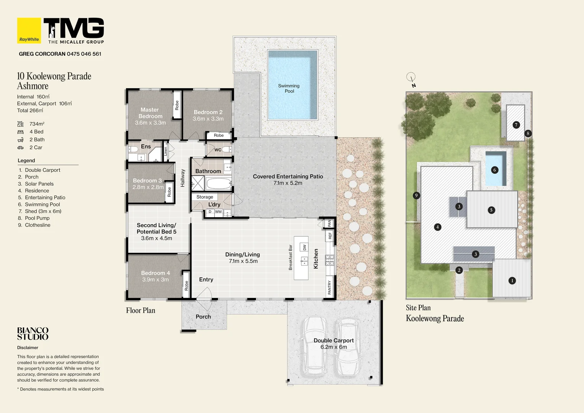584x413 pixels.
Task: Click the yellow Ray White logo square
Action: tap(29, 31)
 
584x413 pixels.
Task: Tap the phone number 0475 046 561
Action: tap(84, 54)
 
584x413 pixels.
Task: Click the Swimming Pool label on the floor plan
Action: tap(289, 88)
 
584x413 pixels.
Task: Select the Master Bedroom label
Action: tap(150, 113)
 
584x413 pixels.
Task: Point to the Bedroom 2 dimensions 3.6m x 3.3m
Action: tap(208, 119)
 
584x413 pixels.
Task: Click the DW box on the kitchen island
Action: tap(304, 247)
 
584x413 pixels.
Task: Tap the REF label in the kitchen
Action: tap(330, 236)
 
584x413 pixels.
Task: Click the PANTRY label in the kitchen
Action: tap(329, 288)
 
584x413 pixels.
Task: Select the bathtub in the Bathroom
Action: tap(219, 184)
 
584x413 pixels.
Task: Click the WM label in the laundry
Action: tap(218, 211)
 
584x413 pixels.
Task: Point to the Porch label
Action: tap(203, 317)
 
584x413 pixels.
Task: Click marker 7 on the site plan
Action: tap(516, 125)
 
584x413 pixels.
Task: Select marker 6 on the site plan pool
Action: tap(495, 170)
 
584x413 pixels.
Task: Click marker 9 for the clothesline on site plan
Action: tap(416, 195)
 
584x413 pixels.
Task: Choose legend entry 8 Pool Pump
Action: tap(37, 218)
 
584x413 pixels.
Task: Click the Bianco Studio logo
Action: tap(33, 333)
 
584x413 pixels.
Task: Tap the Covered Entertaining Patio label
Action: tap(288, 177)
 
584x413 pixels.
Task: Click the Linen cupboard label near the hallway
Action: tap(165, 151)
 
